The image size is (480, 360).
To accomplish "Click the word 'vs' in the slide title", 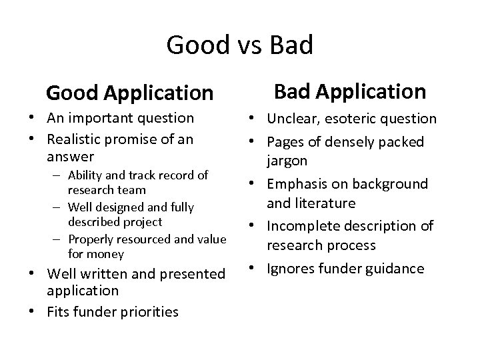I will [239, 45].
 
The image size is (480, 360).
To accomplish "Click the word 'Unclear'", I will [292, 119].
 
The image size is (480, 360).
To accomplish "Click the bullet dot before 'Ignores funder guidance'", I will [258, 268].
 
